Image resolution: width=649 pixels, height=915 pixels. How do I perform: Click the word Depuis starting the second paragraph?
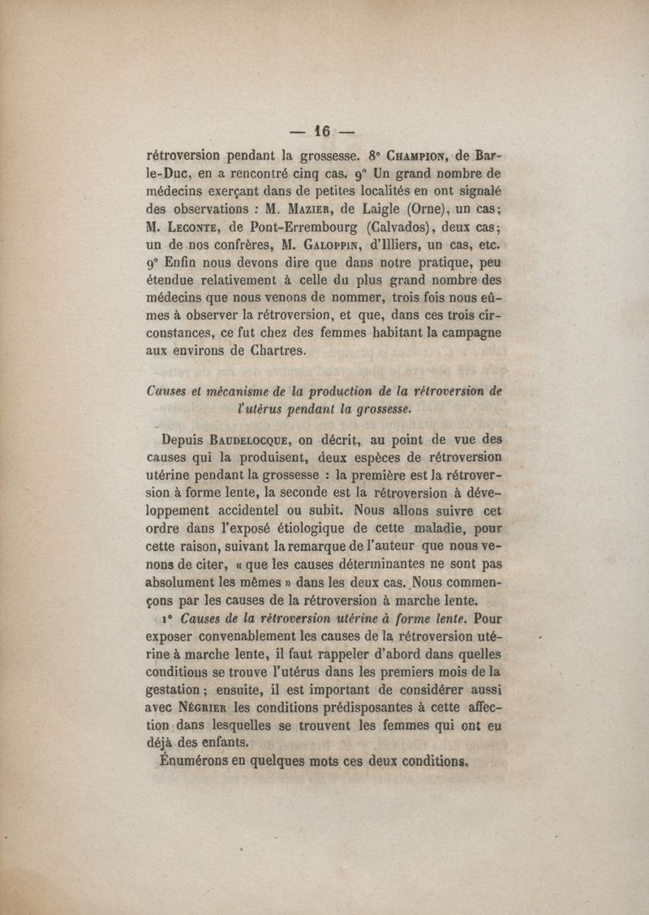click(183, 441)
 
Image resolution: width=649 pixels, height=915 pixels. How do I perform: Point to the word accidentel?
click(251, 512)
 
